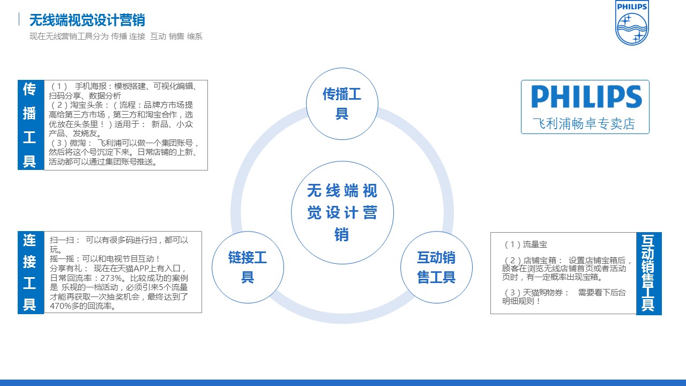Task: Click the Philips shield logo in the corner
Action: (x=632, y=23)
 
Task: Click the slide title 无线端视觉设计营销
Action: (x=87, y=20)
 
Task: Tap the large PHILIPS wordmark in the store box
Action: (x=586, y=97)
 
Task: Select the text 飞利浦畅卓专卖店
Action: (x=584, y=124)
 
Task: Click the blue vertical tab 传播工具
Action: (x=31, y=125)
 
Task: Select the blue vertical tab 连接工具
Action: (x=31, y=272)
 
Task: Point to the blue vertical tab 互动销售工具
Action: (x=649, y=273)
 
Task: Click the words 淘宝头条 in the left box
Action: (x=87, y=105)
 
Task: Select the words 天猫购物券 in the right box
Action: (x=543, y=293)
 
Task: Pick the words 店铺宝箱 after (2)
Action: (x=540, y=261)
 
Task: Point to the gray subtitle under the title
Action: (x=116, y=36)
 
